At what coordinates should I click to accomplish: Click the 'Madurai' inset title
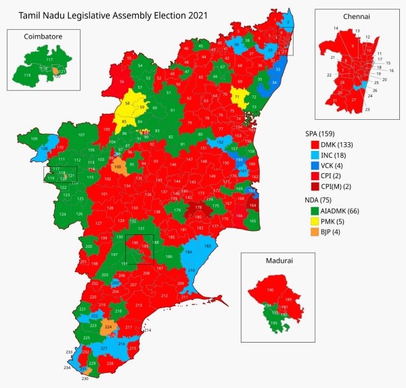277,261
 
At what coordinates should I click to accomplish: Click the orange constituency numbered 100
118,166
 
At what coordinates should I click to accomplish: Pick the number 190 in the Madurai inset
271,290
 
